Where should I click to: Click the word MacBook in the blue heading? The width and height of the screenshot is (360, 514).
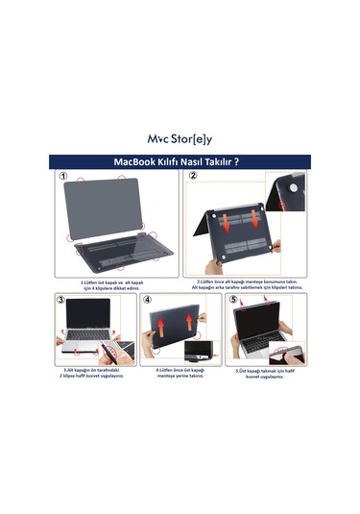tap(137, 160)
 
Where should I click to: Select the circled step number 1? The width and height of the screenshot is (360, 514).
tap(62, 177)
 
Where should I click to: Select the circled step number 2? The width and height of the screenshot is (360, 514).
tap(192, 177)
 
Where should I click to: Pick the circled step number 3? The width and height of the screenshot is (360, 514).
tap(60, 299)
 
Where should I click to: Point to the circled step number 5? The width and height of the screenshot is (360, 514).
tap(232, 299)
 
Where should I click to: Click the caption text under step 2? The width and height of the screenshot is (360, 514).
tap(248, 284)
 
